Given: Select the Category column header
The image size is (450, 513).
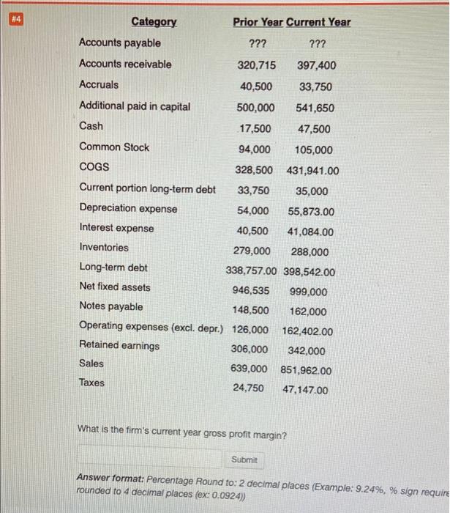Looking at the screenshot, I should click(x=154, y=22).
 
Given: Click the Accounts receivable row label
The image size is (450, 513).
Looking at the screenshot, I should click(x=125, y=64).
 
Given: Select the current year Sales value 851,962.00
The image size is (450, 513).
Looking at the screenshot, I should click(x=306, y=370).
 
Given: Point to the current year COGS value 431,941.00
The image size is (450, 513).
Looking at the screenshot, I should click(x=307, y=170).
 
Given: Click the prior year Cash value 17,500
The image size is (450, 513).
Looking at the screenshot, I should click(x=255, y=129).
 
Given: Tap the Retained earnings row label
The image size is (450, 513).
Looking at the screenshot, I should click(x=119, y=345).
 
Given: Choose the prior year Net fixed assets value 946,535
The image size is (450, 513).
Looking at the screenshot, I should click(x=251, y=290).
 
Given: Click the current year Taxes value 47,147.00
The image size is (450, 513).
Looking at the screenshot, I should click(x=306, y=390).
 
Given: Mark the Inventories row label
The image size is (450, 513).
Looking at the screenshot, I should click(x=104, y=248).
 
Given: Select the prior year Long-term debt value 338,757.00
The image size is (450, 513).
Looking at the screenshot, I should click(x=253, y=272).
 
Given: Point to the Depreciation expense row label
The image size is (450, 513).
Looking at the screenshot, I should click(x=128, y=209).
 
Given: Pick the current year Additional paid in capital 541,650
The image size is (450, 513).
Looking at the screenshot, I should click(x=317, y=108).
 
